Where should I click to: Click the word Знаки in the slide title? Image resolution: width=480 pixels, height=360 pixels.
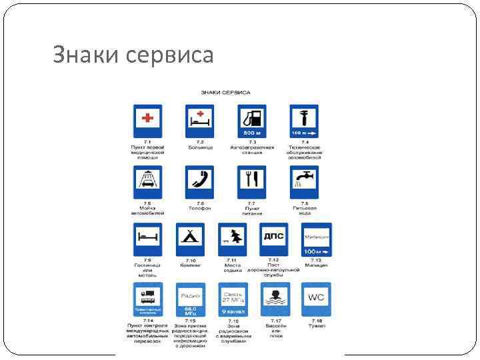(x=85, y=54)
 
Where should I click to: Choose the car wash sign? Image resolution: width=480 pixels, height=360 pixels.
(x=147, y=181)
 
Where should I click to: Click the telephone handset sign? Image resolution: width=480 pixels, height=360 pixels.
(x=199, y=181)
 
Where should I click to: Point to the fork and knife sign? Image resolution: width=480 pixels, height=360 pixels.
(x=251, y=181)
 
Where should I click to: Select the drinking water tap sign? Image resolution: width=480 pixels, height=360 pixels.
(x=303, y=181)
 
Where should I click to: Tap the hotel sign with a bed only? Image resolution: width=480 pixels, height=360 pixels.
(x=147, y=239)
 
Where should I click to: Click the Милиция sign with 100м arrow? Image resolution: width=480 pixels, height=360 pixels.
(x=316, y=239)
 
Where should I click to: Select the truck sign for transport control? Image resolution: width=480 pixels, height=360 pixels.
(x=147, y=300)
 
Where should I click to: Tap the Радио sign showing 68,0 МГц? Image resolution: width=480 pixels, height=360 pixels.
(x=190, y=300)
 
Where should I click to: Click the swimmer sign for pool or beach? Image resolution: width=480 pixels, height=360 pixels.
(x=273, y=300)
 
